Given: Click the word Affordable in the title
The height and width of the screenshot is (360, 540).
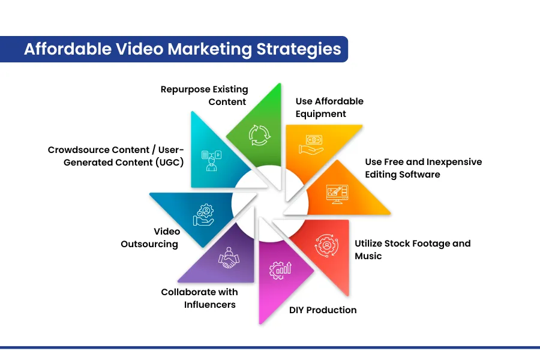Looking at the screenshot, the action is pos(68,49).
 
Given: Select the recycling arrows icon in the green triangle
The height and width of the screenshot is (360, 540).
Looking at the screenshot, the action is pos(259,135).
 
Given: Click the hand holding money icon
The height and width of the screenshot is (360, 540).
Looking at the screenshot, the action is pos(311,145).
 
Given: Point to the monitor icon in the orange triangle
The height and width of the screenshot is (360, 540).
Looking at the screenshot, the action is pos(337,194).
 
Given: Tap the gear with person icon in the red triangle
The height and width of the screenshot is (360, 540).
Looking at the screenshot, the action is pos(326,245).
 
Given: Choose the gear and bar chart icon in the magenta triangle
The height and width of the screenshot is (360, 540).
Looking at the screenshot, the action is pos(280,271).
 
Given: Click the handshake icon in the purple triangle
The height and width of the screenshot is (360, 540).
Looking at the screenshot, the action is pos(229,257).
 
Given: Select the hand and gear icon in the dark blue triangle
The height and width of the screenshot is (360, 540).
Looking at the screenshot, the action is pos(203,215).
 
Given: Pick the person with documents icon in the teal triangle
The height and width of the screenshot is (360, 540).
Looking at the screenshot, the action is pos(211,161).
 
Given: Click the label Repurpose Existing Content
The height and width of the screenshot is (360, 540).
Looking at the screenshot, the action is pos(204,95).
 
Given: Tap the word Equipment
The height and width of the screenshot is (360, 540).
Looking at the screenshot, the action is pos(320,114).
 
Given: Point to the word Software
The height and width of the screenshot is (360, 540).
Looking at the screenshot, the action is pos(419,175).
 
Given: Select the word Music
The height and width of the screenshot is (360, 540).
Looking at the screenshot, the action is pos(368,256).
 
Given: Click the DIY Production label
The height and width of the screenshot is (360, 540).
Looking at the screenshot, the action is pos(323,310).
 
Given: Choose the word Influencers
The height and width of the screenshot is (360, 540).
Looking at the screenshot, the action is pos(210,305).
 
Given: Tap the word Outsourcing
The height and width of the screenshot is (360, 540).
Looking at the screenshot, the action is pos(149,244).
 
